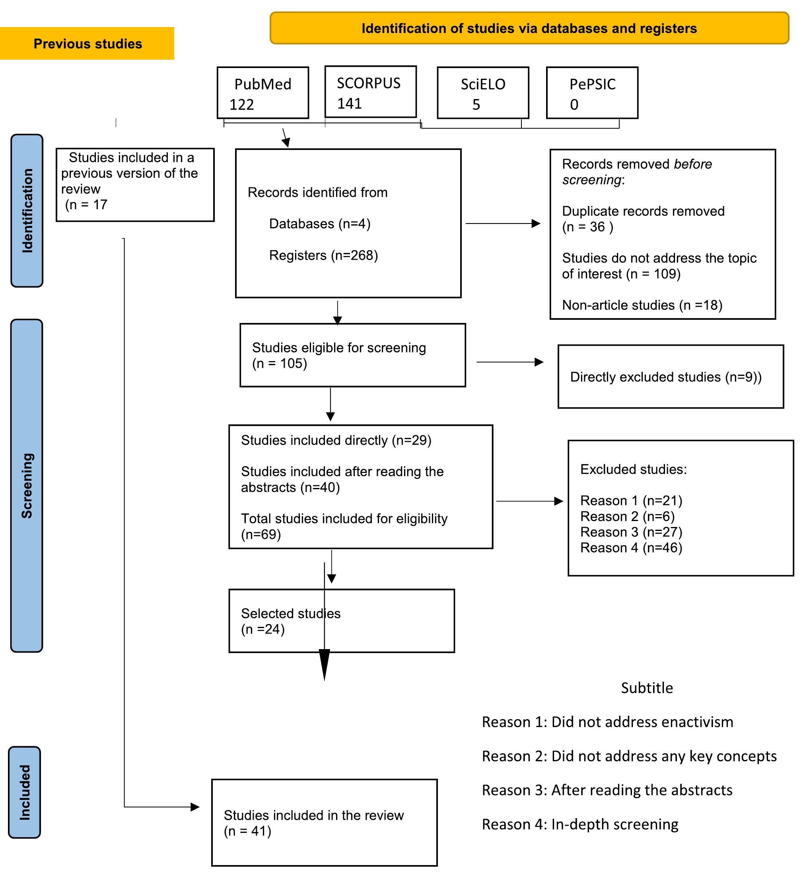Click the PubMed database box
[x=262, y=93]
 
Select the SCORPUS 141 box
[x=370, y=92]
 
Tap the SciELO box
[x=483, y=93]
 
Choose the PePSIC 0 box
[x=592, y=93]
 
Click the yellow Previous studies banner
[x=87, y=44]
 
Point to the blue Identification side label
[x=27, y=210]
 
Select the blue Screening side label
[x=27, y=486]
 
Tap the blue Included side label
[x=25, y=792]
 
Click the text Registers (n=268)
[x=323, y=255]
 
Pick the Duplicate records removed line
[x=643, y=212]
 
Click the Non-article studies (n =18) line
[x=642, y=305]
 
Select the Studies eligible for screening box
[x=352, y=355]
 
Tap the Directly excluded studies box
[x=670, y=377]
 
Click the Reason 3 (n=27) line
[x=631, y=532]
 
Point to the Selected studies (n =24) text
[x=290, y=621]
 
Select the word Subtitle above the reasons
[x=647, y=688]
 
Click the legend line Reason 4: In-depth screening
[x=579, y=824]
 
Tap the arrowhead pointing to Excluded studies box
[x=559, y=502]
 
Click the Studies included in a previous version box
[x=135, y=185]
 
